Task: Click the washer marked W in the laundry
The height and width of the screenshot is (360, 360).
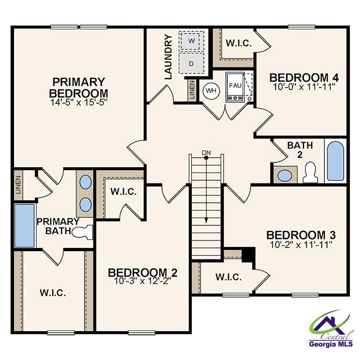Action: [191, 41]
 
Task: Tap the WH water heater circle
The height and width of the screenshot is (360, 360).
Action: [211, 91]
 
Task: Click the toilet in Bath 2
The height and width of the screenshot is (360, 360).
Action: [310, 171]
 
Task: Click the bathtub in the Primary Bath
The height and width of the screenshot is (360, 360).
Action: [24, 225]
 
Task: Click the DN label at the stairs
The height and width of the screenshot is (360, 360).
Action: [206, 153]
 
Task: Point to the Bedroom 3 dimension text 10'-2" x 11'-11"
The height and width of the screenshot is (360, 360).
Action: [301, 245]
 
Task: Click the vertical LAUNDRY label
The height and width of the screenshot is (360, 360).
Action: [168, 57]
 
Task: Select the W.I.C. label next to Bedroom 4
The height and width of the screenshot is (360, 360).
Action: [238, 43]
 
